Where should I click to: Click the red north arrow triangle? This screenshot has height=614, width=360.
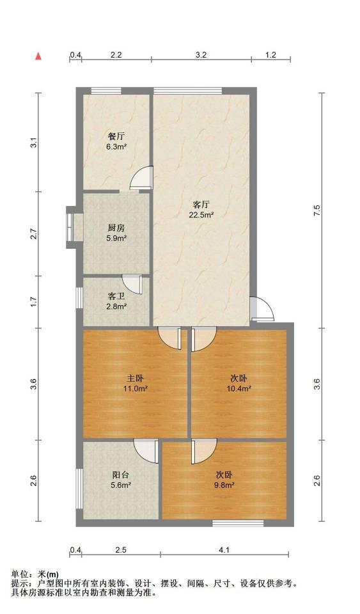point(38,56)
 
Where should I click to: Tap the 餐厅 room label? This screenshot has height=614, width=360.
point(116,137)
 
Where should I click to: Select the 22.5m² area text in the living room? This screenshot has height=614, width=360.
point(201,215)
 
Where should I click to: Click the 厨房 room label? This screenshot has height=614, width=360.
point(116,228)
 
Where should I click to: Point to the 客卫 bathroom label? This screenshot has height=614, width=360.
point(116,296)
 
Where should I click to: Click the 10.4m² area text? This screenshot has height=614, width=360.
point(239,389)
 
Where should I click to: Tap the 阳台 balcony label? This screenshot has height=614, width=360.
point(120,475)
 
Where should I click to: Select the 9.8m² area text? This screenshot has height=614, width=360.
point(224,485)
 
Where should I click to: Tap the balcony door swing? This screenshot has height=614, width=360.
point(146,451)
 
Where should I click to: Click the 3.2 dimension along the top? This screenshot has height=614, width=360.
point(201,55)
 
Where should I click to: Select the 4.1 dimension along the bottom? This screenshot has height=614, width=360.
point(224,550)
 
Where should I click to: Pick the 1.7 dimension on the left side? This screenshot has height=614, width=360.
point(34,302)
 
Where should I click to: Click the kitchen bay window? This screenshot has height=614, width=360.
point(71,227)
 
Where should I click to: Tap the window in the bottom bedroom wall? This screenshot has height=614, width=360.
point(238,523)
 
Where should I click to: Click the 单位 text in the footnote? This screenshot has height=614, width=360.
point(20,574)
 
